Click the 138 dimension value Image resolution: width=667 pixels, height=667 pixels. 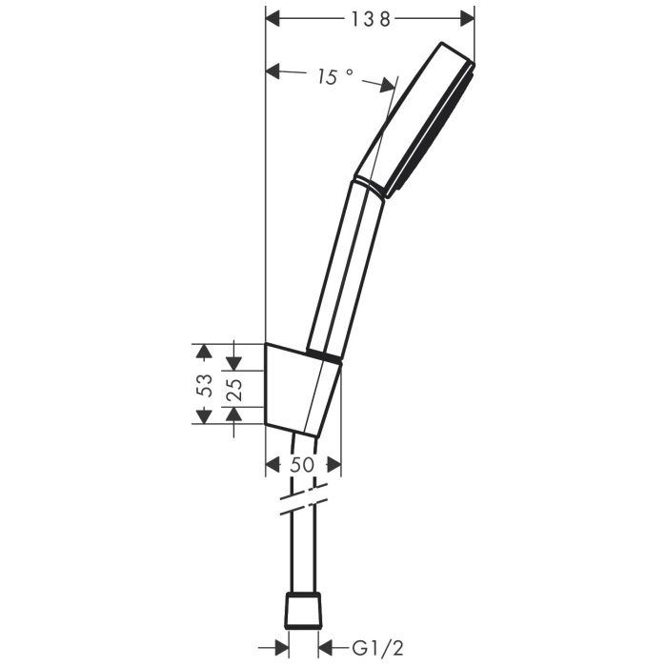click(370, 18)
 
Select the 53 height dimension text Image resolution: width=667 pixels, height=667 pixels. click(202, 384)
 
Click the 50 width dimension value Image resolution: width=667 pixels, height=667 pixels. click(302, 464)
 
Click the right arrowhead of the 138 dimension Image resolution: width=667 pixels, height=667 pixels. click(466, 18)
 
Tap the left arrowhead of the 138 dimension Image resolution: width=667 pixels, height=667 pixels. click(273, 18)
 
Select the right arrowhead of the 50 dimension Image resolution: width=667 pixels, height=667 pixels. click(333, 464)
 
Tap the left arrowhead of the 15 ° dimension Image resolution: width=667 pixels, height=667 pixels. click(273, 70)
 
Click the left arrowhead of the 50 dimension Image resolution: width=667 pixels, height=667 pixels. click(273, 464)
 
